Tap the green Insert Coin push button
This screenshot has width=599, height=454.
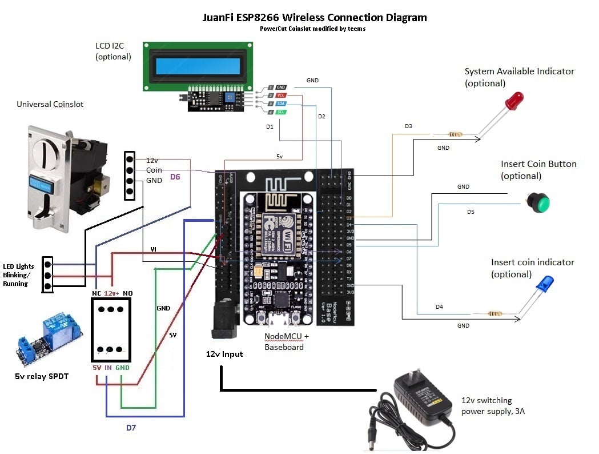[538, 202]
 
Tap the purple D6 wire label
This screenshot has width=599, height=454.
[175, 178]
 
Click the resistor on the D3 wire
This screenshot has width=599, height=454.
[456, 135]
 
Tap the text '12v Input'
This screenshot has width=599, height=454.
[224, 354]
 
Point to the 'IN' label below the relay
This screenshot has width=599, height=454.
[108, 368]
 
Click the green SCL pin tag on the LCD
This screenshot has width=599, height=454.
[281, 113]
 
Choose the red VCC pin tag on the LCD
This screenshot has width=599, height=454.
[281, 95]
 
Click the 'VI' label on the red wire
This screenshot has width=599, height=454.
[153, 249]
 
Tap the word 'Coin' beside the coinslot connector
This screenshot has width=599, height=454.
[154, 170]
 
